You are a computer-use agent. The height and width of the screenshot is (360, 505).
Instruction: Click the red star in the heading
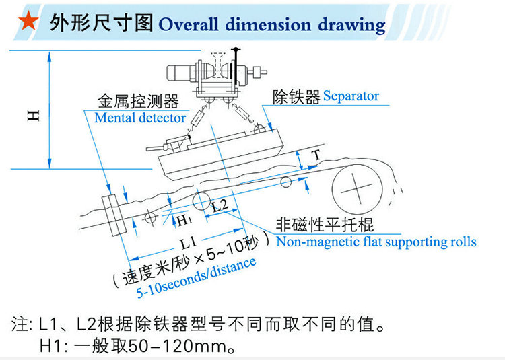click(x=26, y=22)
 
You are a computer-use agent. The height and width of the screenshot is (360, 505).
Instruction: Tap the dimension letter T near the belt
click(x=316, y=155)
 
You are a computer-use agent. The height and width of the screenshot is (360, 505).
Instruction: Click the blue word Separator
click(x=351, y=96)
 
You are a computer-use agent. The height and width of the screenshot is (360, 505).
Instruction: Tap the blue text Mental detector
click(x=140, y=118)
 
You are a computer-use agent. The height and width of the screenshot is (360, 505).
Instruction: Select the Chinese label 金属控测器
click(x=137, y=102)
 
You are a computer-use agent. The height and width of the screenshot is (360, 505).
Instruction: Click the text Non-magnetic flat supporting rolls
click(x=376, y=242)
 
